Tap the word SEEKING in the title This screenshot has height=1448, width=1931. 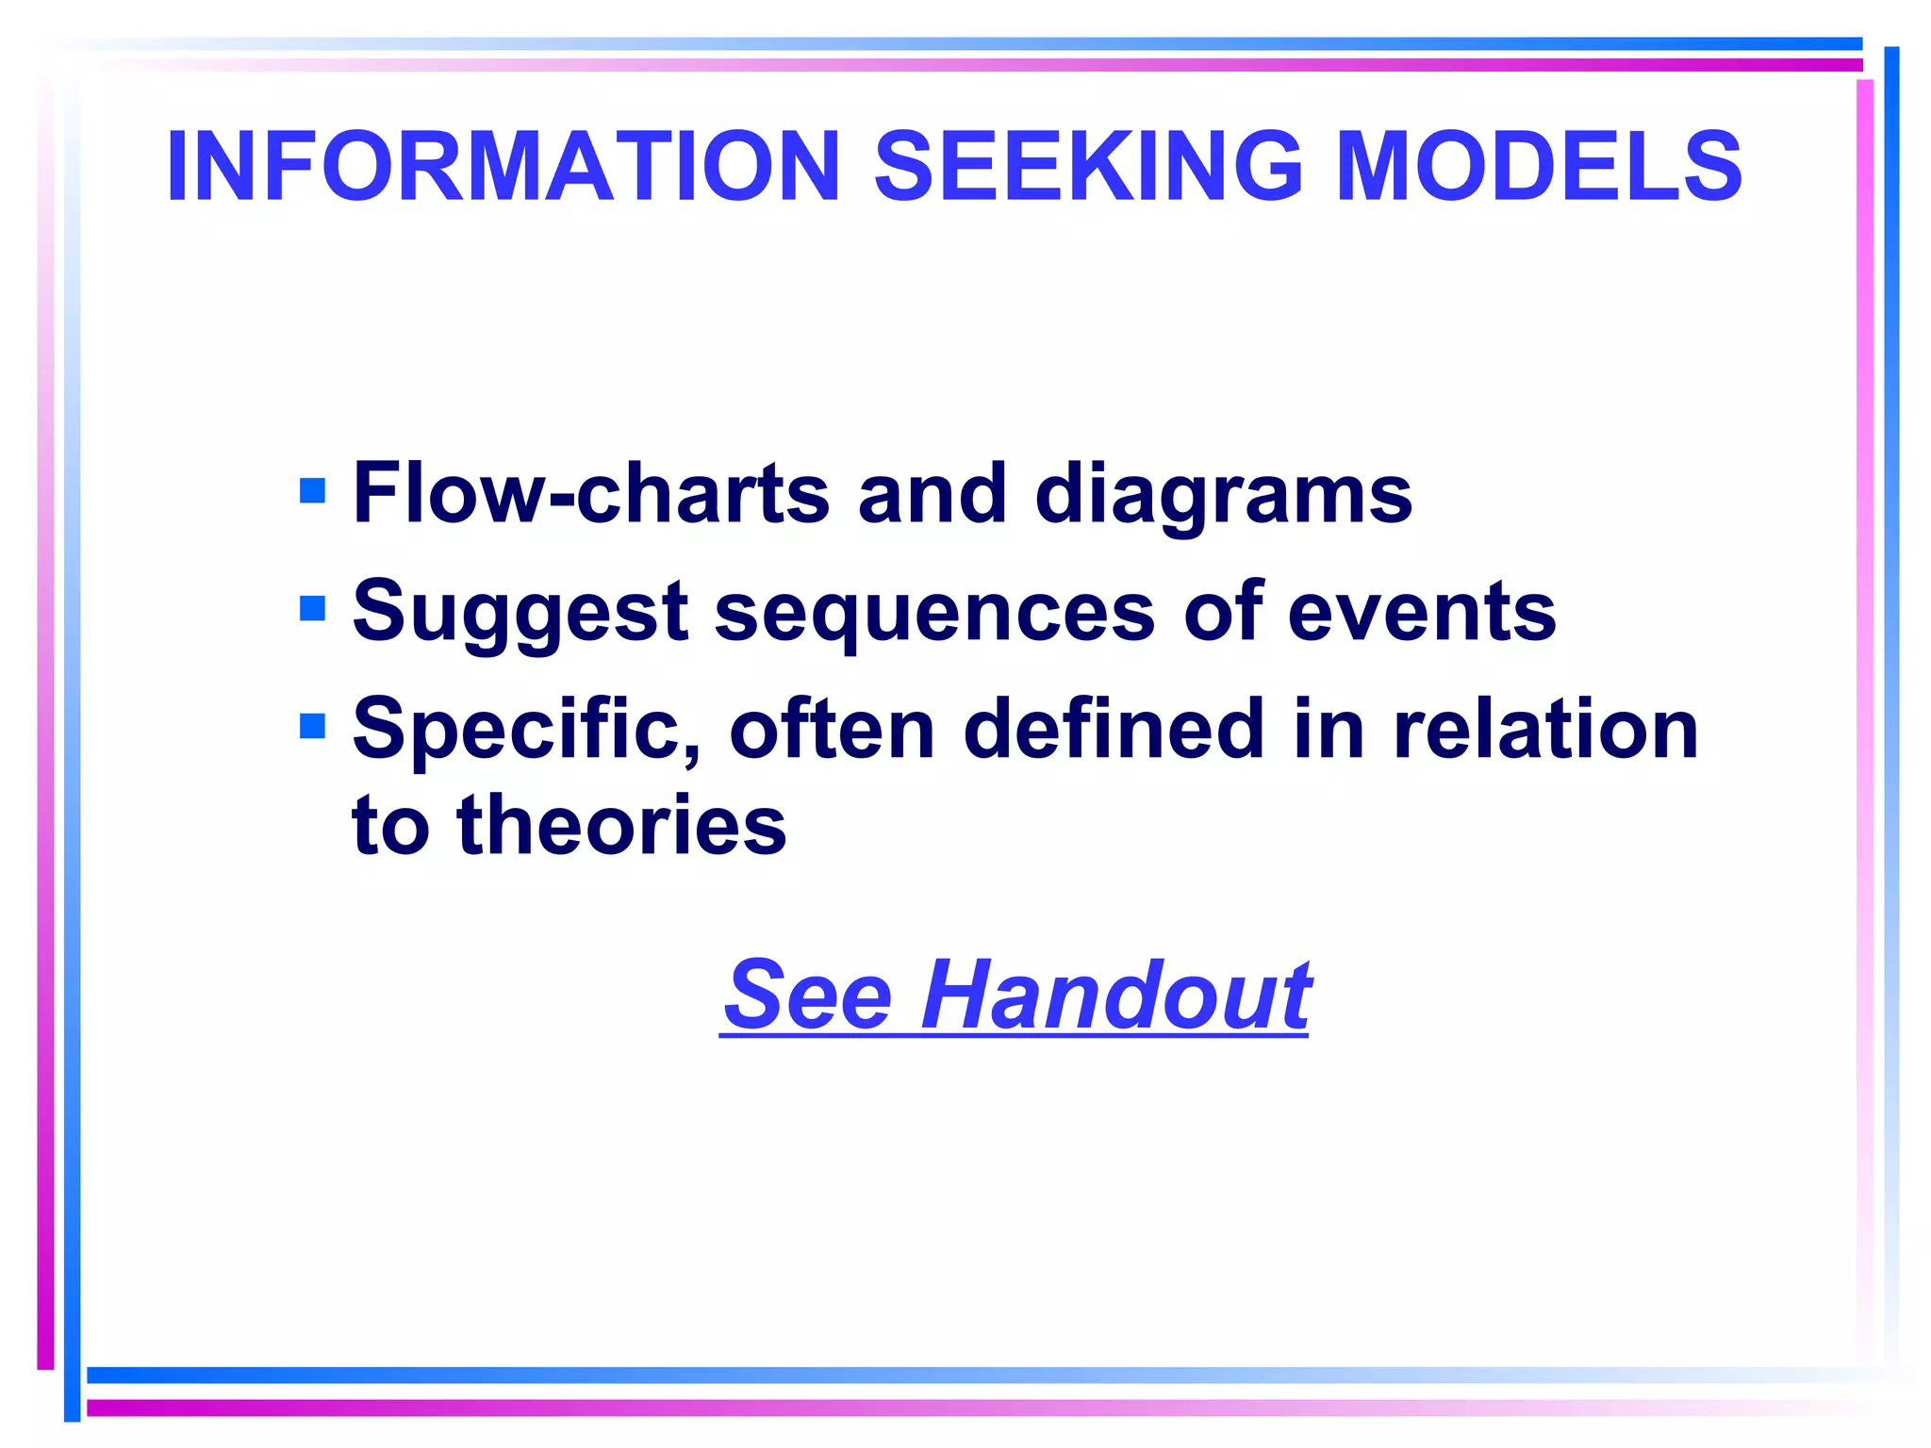coord(1089,167)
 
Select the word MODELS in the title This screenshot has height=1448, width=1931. coord(1539,167)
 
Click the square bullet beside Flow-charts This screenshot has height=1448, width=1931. coord(312,491)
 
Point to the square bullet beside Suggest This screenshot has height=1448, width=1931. coord(312,609)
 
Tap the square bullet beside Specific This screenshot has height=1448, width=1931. coord(312,726)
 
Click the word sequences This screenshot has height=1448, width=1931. coord(934,613)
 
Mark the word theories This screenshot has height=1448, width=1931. coord(621,825)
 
